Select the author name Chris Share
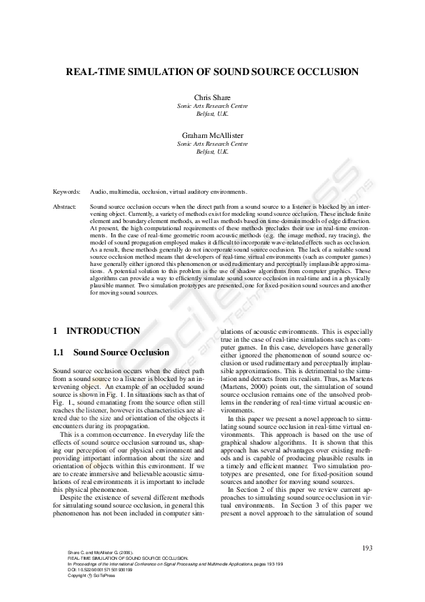click(212, 97)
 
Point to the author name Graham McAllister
click(212, 134)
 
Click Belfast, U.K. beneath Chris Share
click(212, 114)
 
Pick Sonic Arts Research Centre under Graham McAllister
click(212, 144)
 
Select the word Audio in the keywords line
click(99, 192)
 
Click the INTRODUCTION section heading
click(103, 331)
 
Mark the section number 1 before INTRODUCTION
click(56, 331)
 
